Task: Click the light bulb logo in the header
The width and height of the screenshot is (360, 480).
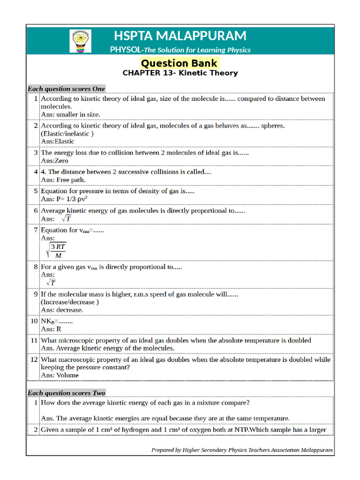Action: pos(80,41)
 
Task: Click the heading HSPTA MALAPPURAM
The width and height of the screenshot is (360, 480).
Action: pos(180,36)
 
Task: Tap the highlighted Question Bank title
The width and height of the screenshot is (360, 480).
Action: pos(179,63)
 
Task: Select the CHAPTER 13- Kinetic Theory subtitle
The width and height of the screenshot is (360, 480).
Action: pos(180,73)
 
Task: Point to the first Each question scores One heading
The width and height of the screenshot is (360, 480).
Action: pos(66,89)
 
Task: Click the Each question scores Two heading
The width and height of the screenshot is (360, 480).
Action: pos(66,393)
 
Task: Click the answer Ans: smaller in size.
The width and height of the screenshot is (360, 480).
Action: pos(70,114)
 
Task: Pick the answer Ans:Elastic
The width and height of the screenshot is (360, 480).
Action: pos(58,141)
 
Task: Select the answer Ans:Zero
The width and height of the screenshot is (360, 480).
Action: pos(54,160)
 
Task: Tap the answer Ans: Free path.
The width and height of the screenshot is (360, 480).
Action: pos(63,180)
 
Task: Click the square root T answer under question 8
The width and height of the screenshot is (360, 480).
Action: pos(51,283)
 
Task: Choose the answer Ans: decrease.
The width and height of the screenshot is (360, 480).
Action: pos(62,310)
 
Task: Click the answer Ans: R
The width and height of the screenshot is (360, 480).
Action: pos(51,329)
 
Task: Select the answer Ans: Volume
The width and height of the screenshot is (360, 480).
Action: pos(60,375)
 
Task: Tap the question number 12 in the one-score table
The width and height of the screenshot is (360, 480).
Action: pos(34,360)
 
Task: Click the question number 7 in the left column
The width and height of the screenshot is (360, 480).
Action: pos(36,230)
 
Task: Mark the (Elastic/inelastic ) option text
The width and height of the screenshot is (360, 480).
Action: pos(67,134)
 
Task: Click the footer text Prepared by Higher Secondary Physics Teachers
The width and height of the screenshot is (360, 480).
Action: pos(242,450)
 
